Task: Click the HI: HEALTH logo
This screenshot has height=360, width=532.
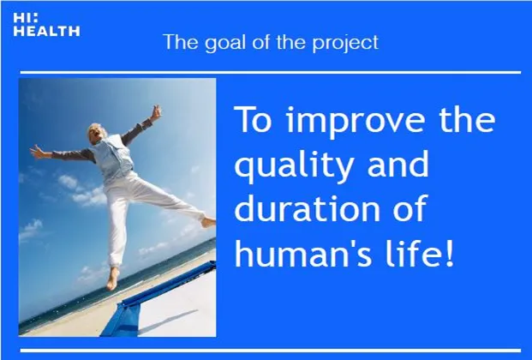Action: [x=46, y=25]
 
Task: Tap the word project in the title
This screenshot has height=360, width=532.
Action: [x=345, y=43]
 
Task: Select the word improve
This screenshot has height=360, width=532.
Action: [x=356, y=121]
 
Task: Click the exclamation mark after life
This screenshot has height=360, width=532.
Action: [x=449, y=253]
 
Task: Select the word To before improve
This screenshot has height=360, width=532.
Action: [x=254, y=119]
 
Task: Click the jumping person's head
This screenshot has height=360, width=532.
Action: [x=94, y=132]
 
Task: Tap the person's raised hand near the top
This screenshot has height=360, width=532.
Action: [x=156, y=112]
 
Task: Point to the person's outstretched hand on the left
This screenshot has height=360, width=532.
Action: [x=38, y=152]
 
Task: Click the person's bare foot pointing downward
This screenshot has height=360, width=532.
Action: [x=112, y=279]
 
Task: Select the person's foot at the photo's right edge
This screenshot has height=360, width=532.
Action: [x=208, y=223]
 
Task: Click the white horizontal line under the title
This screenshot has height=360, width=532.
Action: [x=271, y=72]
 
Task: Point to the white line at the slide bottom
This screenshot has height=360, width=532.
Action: [x=271, y=351]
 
